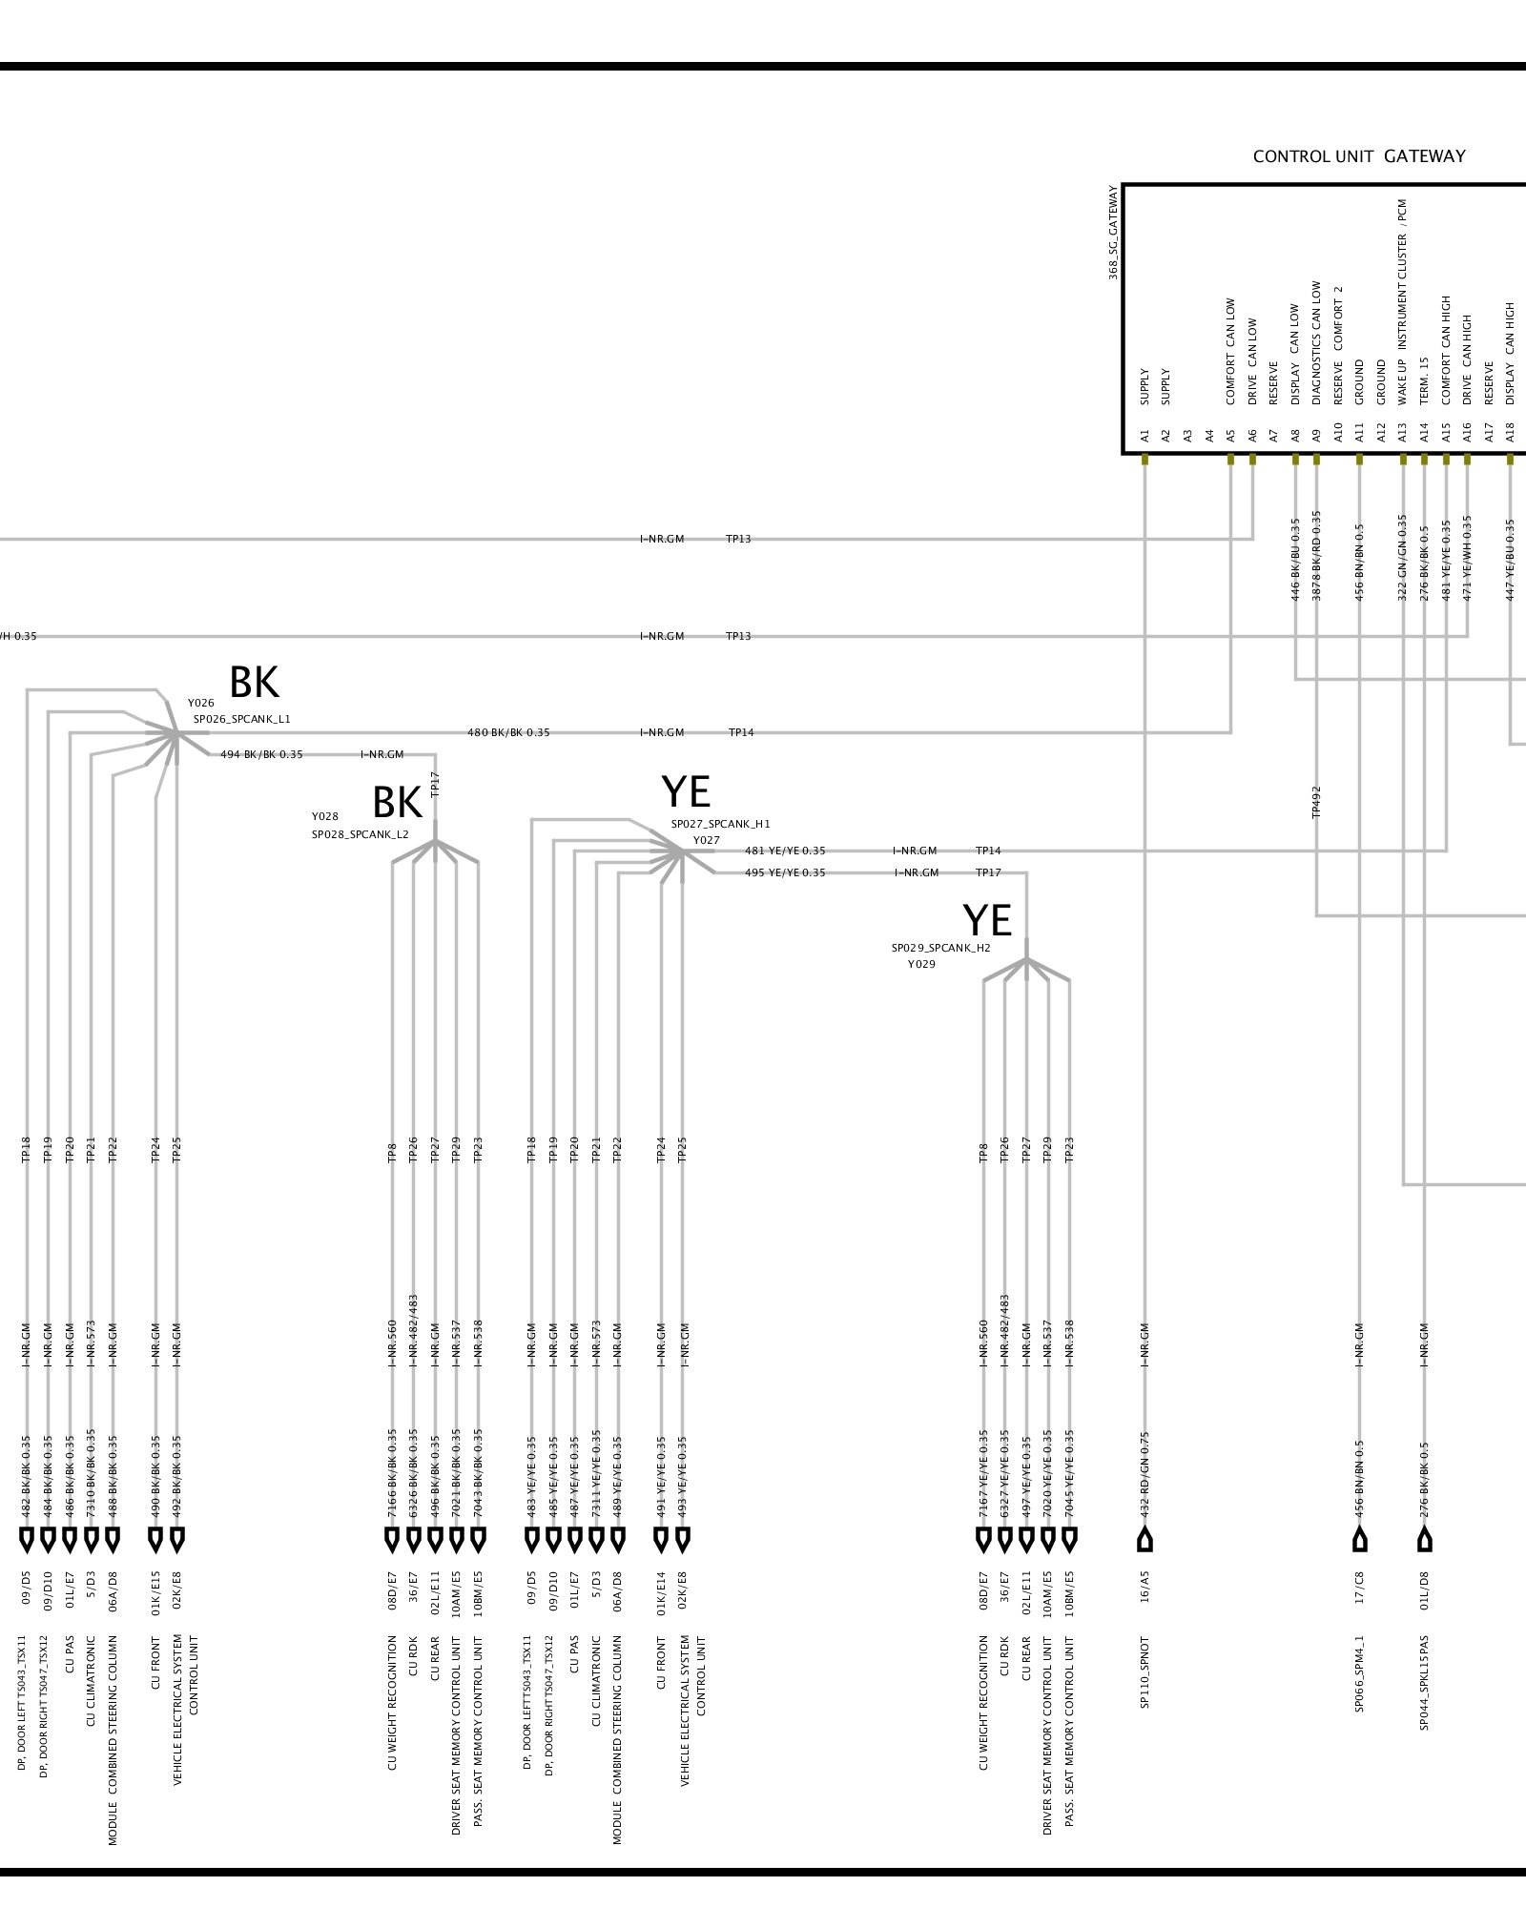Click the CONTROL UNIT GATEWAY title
(x=1358, y=156)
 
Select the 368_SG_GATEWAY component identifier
(x=1113, y=232)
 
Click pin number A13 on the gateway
(x=1402, y=435)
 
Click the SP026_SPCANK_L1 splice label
(x=241, y=719)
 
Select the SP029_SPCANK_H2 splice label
(x=940, y=948)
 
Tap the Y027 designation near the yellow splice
(x=706, y=840)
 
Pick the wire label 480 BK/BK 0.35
(x=508, y=732)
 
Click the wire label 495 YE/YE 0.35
(x=785, y=872)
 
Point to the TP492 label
(x=1317, y=802)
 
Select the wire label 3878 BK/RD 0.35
(x=1317, y=556)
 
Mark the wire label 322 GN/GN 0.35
(x=1402, y=558)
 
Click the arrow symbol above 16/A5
(x=1145, y=1540)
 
